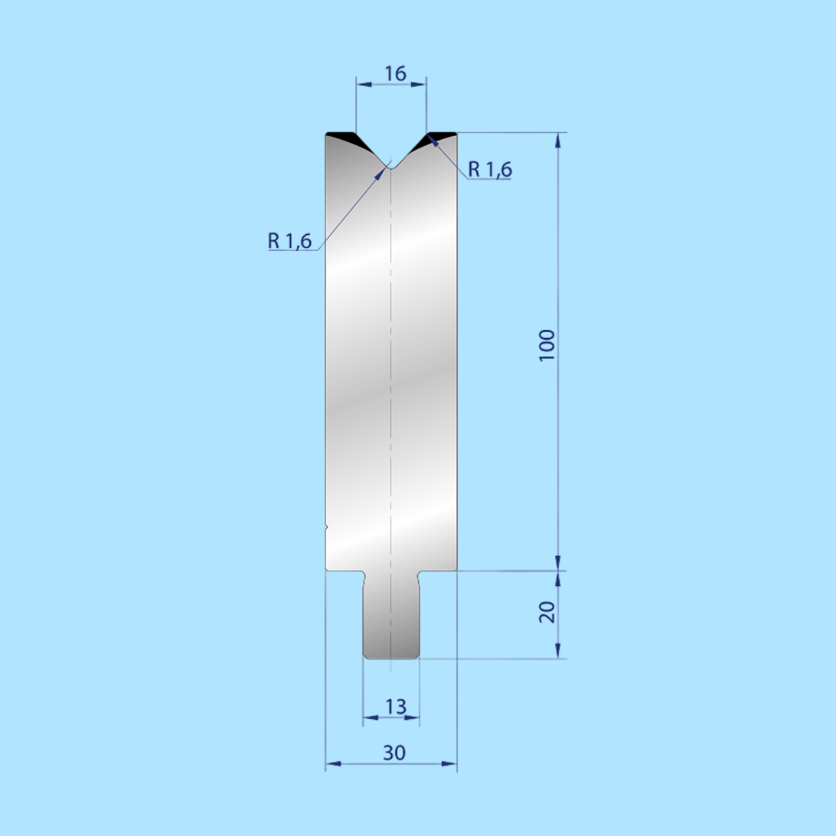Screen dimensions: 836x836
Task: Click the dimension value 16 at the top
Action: (395, 74)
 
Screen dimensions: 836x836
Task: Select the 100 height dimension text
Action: (546, 346)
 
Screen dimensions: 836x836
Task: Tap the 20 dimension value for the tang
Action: (547, 612)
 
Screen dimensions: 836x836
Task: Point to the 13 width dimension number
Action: (395, 707)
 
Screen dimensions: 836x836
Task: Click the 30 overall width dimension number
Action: (394, 752)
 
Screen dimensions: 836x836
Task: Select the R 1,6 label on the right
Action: (489, 169)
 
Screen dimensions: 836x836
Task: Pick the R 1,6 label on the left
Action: (290, 241)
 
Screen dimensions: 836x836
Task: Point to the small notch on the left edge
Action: (327, 525)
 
